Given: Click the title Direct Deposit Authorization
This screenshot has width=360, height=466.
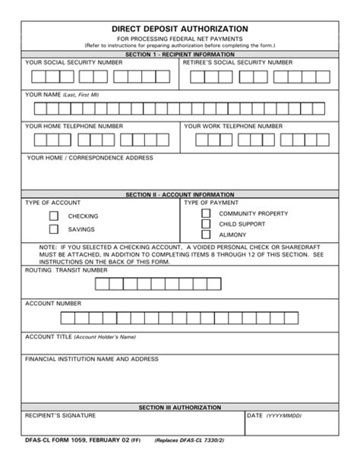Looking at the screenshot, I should [180, 29].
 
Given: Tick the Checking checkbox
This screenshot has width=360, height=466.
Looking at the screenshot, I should [54, 216].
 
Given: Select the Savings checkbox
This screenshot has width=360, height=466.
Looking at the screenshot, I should [54, 228].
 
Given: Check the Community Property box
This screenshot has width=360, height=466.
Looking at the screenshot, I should [206, 213].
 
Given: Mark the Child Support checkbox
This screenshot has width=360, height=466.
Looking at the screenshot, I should [206, 225].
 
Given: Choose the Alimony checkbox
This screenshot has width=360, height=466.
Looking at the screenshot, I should [206, 236].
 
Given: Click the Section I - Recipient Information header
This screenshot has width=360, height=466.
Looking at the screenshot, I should [180, 55].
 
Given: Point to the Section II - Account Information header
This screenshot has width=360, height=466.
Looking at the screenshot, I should [180, 194].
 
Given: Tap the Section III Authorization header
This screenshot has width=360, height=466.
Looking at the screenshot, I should [180, 408].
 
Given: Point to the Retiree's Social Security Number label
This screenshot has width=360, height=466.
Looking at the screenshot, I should [237, 62].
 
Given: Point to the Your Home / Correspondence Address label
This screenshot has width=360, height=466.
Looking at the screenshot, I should [90, 158].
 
